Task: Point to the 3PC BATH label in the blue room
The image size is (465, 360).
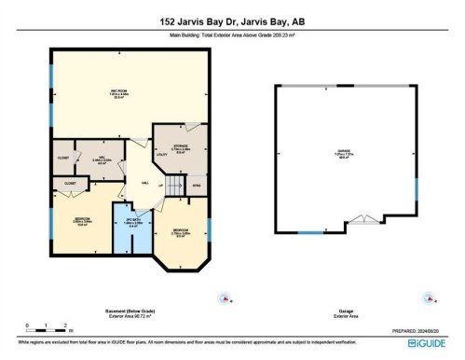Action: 131,223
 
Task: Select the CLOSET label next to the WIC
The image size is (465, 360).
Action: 63,158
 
